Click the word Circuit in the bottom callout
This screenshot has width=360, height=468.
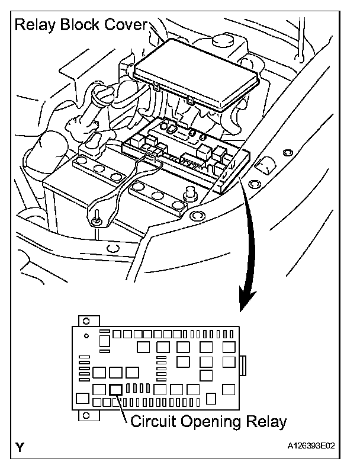151,422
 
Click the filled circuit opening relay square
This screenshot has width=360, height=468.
116,389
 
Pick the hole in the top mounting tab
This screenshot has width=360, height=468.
86,320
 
